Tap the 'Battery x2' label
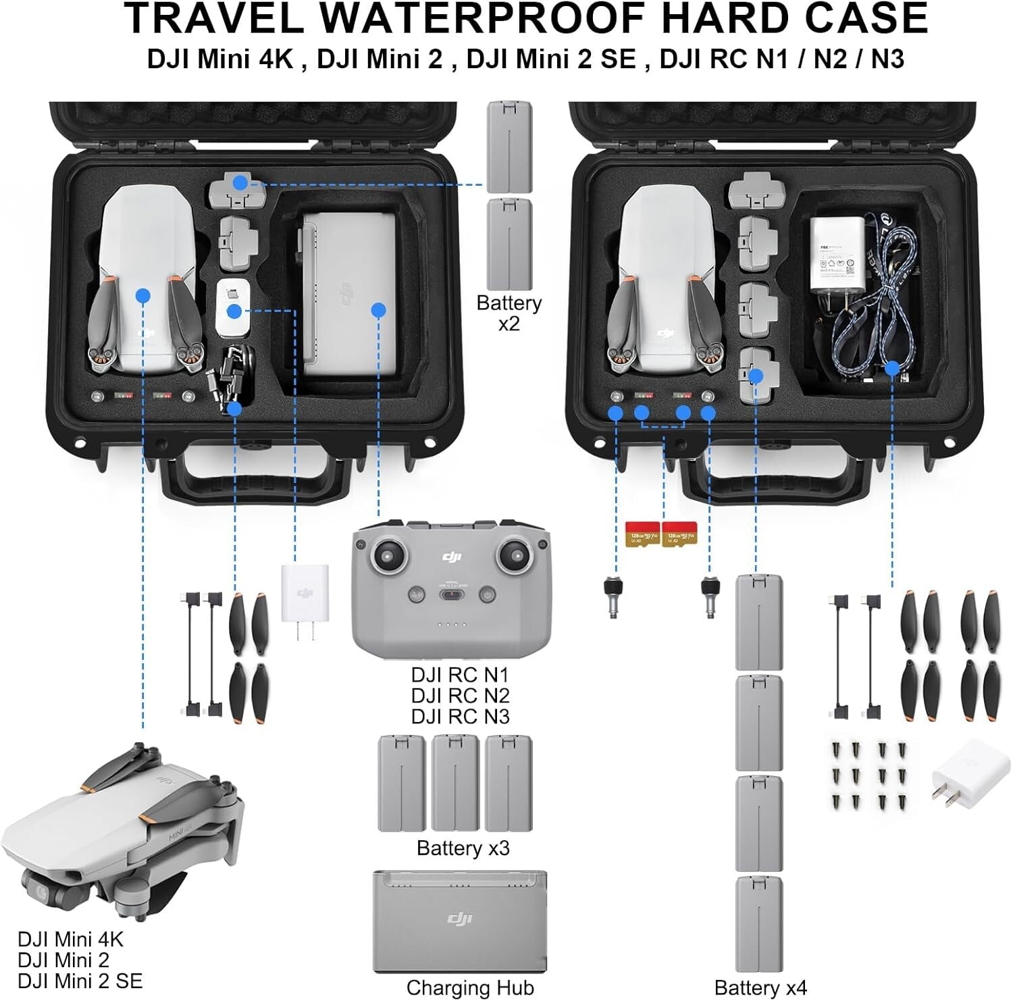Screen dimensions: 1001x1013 pyautogui.click(x=509, y=313)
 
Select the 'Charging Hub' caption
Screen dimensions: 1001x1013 pyautogui.click(x=470, y=987)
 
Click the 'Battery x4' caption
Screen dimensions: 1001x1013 pyautogui.click(x=760, y=987)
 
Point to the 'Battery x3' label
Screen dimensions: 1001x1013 pyautogui.click(x=463, y=848)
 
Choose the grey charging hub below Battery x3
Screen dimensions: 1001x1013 pyautogui.click(x=460, y=921)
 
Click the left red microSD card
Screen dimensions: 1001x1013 pyautogui.click(x=642, y=534)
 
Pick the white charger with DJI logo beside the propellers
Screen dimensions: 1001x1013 pyautogui.click(x=305, y=594)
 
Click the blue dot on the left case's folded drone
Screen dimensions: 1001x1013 pyautogui.click(x=142, y=295)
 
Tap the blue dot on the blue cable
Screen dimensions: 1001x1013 pyautogui.click(x=892, y=368)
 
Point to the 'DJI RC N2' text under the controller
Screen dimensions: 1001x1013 pyautogui.click(x=460, y=695)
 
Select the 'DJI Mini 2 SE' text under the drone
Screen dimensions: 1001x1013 pyautogui.click(x=80, y=980)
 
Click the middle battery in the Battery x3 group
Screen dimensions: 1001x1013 pyautogui.click(x=455, y=784)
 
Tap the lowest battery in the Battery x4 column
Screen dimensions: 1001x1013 pyautogui.click(x=758, y=924)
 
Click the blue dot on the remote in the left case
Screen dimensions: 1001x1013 pyautogui.click(x=378, y=310)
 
